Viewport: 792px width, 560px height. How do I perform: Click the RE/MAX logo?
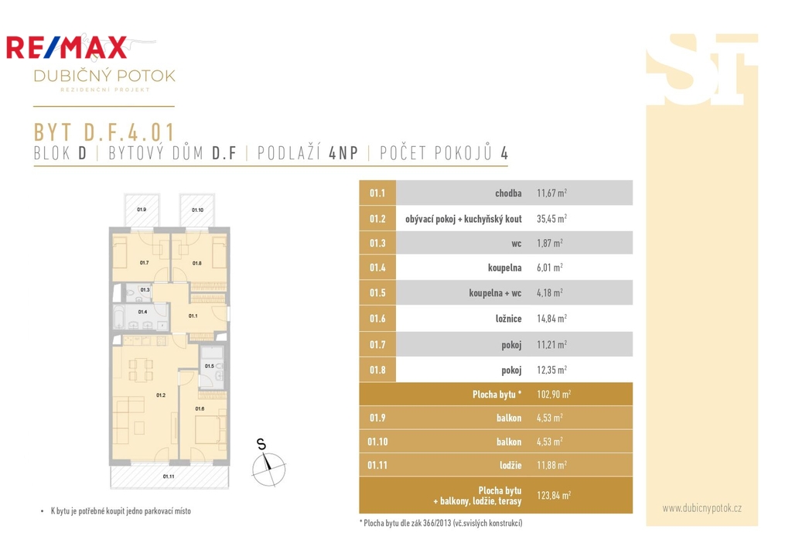67,47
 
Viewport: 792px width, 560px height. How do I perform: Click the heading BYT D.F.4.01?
104,132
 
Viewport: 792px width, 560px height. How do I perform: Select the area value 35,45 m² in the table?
551,219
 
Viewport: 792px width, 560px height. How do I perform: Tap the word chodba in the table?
508,193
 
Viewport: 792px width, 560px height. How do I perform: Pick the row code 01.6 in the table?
377,319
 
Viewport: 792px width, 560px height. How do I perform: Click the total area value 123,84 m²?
554,495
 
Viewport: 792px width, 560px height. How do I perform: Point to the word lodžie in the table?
510,465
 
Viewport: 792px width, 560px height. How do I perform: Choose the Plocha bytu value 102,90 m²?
554,394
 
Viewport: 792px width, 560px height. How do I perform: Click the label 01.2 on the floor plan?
161,395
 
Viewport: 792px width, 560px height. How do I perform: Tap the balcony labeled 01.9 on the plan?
142,210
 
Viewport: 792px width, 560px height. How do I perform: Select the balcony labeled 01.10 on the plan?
197,210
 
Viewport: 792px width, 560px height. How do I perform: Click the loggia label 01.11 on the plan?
169,476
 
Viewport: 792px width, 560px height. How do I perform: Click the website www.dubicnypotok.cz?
702,508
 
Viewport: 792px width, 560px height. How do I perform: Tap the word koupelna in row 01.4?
504,268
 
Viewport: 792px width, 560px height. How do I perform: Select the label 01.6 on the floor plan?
200,408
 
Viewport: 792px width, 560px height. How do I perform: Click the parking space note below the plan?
121,511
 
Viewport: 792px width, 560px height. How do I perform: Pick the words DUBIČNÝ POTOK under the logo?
104,76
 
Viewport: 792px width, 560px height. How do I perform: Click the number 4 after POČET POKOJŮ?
504,153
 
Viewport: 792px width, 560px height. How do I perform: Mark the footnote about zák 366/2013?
441,523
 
